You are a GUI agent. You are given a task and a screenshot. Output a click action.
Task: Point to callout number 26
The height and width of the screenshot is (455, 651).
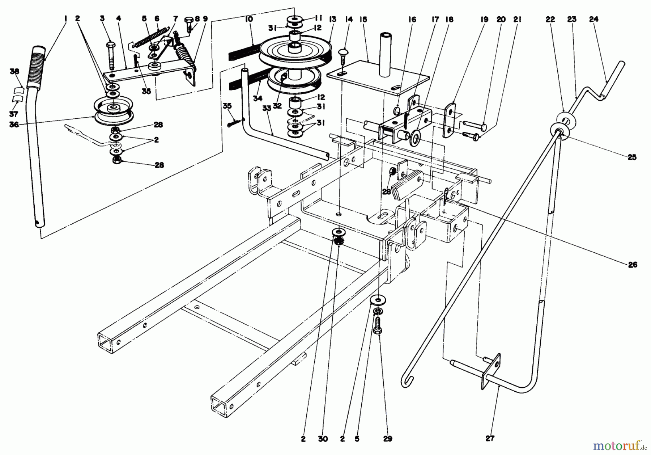(x=633, y=265)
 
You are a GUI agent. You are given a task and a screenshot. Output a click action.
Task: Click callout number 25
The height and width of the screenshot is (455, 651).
(x=632, y=157)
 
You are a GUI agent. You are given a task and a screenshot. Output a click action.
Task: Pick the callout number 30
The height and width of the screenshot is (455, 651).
(x=323, y=439)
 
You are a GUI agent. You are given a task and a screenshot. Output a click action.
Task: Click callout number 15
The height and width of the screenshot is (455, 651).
(x=363, y=20)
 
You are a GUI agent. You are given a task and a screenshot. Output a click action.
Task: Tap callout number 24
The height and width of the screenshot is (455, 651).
(x=594, y=20)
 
